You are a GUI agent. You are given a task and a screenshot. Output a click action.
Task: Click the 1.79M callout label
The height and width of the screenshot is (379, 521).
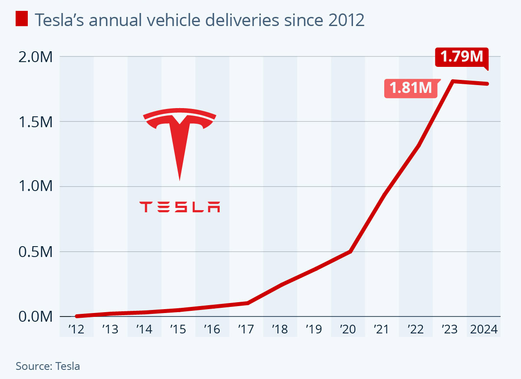(462, 57)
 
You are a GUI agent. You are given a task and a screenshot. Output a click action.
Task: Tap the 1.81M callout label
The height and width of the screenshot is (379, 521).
(410, 89)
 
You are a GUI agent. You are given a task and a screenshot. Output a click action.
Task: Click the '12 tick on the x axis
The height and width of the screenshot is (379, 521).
(76, 330)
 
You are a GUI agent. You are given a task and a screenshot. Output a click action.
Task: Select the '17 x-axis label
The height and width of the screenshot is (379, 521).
(246, 330)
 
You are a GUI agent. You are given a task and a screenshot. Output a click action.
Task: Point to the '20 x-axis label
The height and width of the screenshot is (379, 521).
(348, 330)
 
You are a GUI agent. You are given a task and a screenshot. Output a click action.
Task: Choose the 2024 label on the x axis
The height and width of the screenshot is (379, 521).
(484, 330)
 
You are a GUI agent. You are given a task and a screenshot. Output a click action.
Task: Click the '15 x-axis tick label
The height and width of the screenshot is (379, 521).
(178, 330)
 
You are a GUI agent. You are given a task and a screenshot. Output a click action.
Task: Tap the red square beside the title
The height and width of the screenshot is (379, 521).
(22, 19)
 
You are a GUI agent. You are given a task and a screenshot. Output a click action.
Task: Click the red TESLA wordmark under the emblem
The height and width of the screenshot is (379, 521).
(180, 207)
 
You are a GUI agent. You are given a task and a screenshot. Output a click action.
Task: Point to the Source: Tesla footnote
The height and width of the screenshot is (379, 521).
(48, 366)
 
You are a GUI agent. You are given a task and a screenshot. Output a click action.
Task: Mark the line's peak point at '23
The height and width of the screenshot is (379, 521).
(452, 81)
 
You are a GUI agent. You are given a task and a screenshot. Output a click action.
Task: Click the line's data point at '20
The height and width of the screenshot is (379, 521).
(350, 251)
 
